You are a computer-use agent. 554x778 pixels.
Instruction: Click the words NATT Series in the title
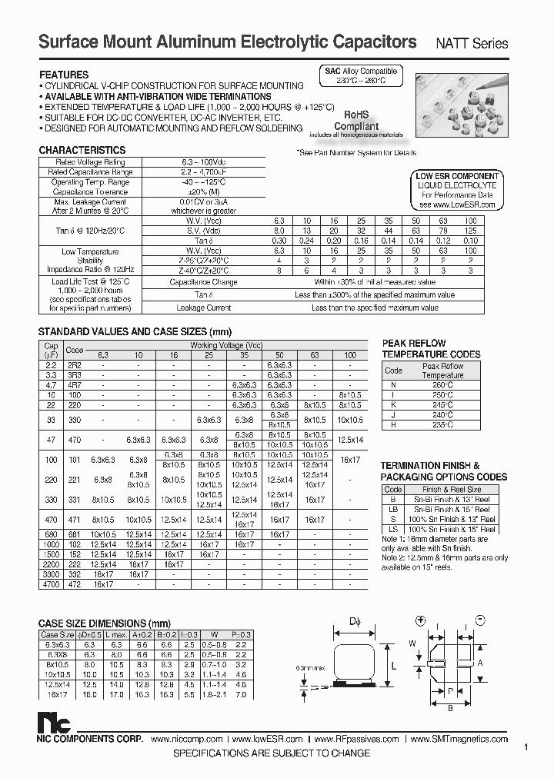[473, 44]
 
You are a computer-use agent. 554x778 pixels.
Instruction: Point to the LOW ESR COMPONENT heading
[457, 176]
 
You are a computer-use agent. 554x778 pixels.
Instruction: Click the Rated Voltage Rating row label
[91, 162]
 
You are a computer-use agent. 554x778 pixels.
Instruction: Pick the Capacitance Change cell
[204, 282]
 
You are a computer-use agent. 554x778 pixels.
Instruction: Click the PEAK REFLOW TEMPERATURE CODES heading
[431, 349]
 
